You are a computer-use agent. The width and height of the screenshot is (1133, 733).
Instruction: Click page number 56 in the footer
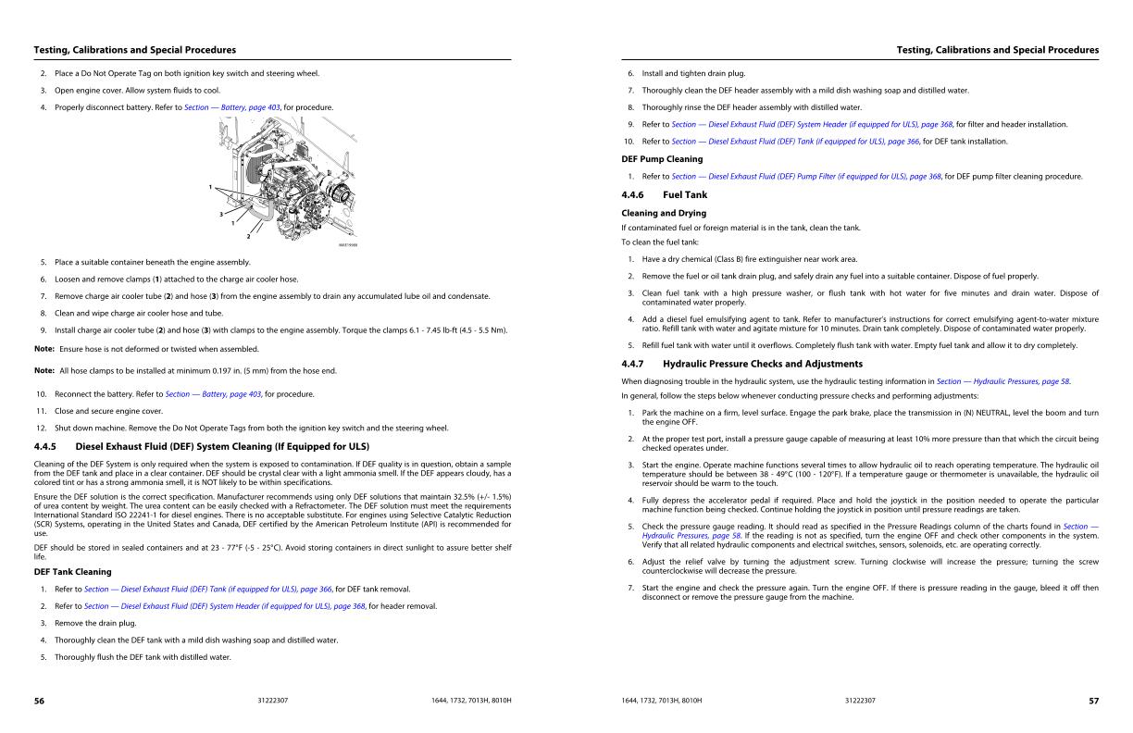click(39, 701)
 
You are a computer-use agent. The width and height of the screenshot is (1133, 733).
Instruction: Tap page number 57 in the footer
click(1093, 701)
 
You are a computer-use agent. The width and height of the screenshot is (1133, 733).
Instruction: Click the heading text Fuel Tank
click(685, 195)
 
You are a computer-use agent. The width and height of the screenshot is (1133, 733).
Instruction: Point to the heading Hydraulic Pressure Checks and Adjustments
click(762, 364)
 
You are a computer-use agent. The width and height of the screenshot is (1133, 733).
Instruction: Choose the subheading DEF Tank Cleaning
click(72, 572)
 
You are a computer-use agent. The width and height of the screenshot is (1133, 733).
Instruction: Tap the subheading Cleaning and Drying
click(663, 213)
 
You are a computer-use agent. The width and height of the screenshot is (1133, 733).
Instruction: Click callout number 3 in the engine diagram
click(220, 215)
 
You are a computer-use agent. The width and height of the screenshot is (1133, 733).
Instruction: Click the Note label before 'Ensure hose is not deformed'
click(44, 348)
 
